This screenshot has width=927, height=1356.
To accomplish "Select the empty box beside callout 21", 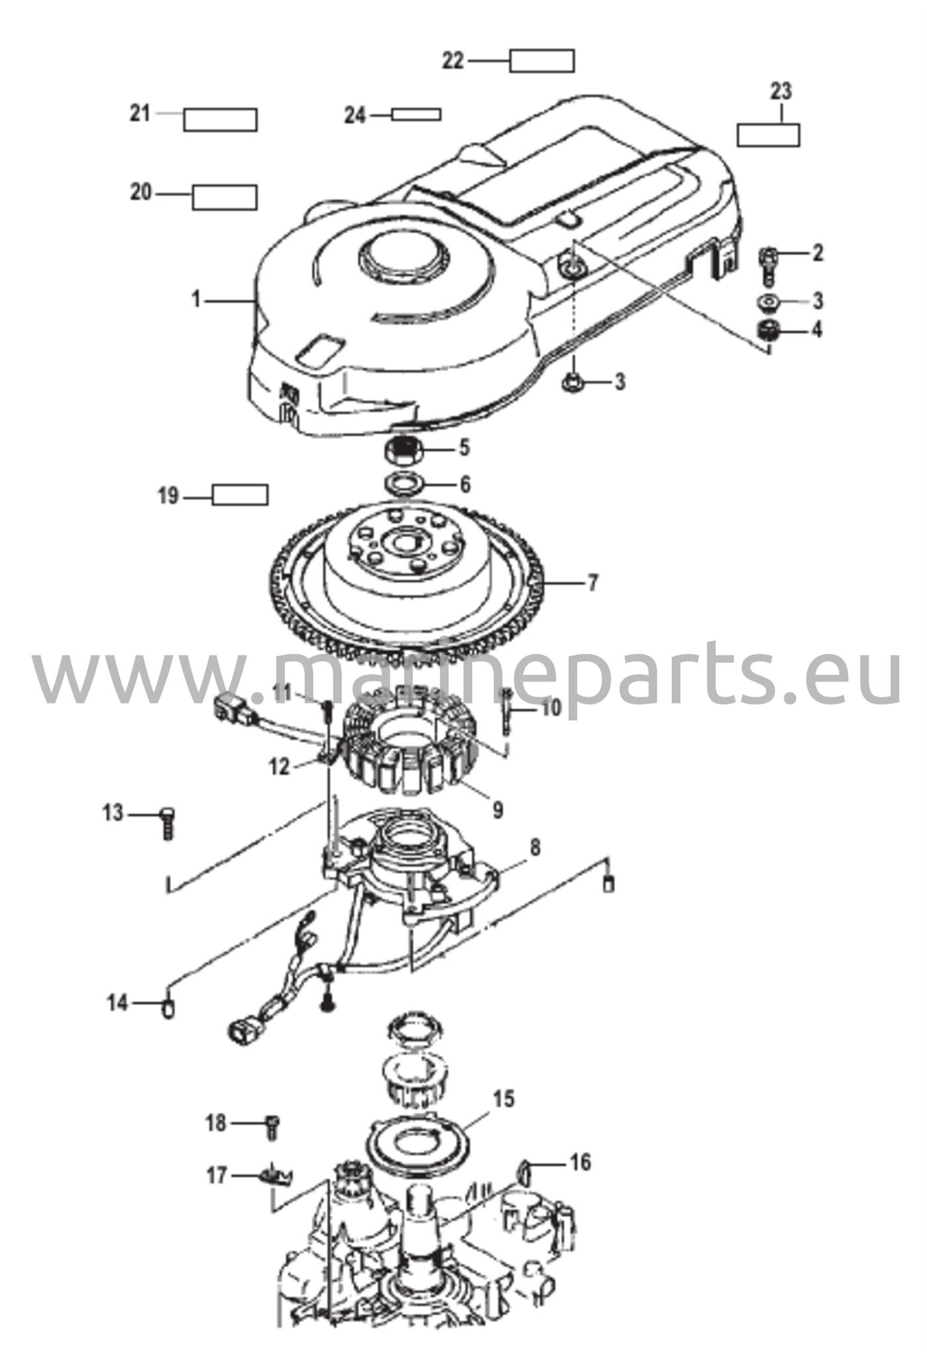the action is [220, 119].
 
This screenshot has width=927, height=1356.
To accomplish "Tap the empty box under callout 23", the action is [769, 134].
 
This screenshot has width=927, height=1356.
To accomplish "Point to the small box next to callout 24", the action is [416, 115].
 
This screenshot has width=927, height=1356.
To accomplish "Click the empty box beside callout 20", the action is [225, 197].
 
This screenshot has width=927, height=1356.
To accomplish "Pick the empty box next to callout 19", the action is [240, 495].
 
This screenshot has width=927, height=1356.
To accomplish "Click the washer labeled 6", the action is [405, 484].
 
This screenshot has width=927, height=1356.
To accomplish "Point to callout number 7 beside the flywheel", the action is [592, 583].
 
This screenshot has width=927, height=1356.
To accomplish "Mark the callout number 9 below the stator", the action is [497, 809].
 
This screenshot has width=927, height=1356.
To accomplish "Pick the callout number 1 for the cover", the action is [195, 300].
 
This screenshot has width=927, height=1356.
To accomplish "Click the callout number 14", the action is [117, 1002].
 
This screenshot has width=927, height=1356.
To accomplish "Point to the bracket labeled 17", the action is [277, 1177].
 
